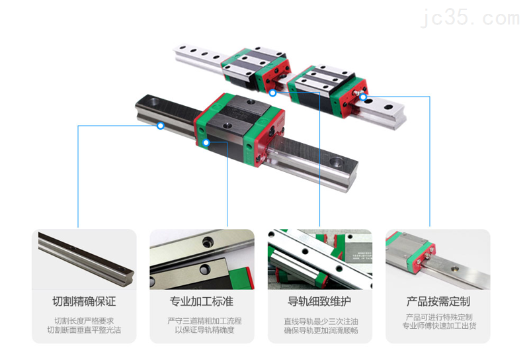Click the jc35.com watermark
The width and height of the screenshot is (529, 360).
[x=477, y=16]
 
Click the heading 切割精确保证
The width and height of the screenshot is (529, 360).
[x=84, y=302]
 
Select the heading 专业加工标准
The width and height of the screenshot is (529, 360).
[x=202, y=302]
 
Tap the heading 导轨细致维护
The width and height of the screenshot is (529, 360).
[x=319, y=302]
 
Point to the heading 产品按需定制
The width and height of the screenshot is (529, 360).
[x=438, y=302]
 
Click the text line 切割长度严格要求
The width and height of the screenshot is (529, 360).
[x=84, y=321]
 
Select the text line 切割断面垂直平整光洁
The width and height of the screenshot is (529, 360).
[x=84, y=330]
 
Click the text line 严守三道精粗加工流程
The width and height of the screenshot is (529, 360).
[x=202, y=321]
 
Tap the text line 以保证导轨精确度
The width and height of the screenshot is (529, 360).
[x=202, y=330]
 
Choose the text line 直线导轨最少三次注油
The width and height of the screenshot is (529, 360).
[x=319, y=321]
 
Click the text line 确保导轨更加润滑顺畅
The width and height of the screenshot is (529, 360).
[x=319, y=330]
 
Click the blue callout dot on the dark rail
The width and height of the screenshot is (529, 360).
[x=161, y=126]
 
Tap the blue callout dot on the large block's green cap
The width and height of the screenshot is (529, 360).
[x=207, y=142]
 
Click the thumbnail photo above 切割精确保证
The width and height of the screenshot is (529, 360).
[x=84, y=259]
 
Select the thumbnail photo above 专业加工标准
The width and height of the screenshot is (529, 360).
[x=202, y=259]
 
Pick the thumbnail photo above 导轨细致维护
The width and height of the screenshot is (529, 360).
[x=319, y=259]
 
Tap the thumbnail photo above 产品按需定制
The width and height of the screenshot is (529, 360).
[x=438, y=259]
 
